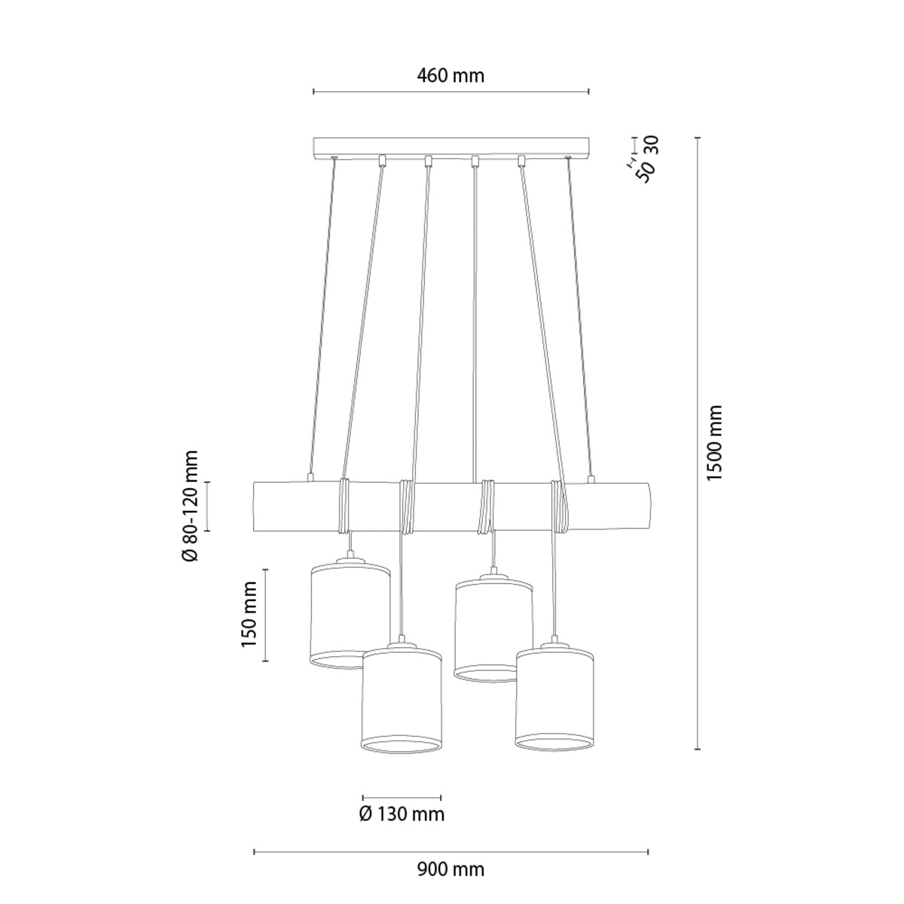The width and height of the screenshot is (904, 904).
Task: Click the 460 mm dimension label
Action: (450, 75)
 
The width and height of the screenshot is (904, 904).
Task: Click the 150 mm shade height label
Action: (249, 615)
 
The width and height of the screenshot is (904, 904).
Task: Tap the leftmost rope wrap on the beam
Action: (344, 505)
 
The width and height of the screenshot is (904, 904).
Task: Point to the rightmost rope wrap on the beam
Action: (558, 506)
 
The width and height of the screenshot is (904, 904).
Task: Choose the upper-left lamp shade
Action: (351, 616)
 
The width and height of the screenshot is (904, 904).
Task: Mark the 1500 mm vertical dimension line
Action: (698, 443)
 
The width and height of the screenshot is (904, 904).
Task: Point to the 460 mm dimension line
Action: (450, 91)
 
